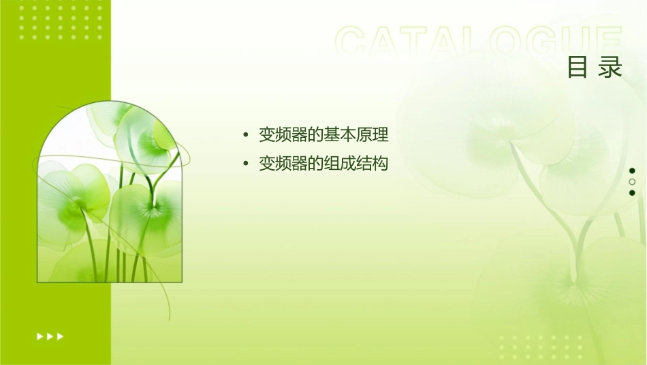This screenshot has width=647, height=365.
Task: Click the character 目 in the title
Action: (x=578, y=68)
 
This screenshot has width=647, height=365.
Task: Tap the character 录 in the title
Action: (x=611, y=68)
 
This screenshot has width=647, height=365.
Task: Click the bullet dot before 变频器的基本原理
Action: (x=245, y=135)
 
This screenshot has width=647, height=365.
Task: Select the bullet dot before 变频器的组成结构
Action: (x=245, y=164)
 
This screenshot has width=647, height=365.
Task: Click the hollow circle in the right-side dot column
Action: (x=632, y=181)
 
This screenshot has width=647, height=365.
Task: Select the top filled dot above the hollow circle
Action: (x=632, y=171)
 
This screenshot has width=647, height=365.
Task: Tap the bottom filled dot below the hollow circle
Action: (x=632, y=193)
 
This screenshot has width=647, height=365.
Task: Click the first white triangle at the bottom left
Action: (x=40, y=336)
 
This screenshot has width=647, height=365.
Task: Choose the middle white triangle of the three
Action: (x=50, y=336)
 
